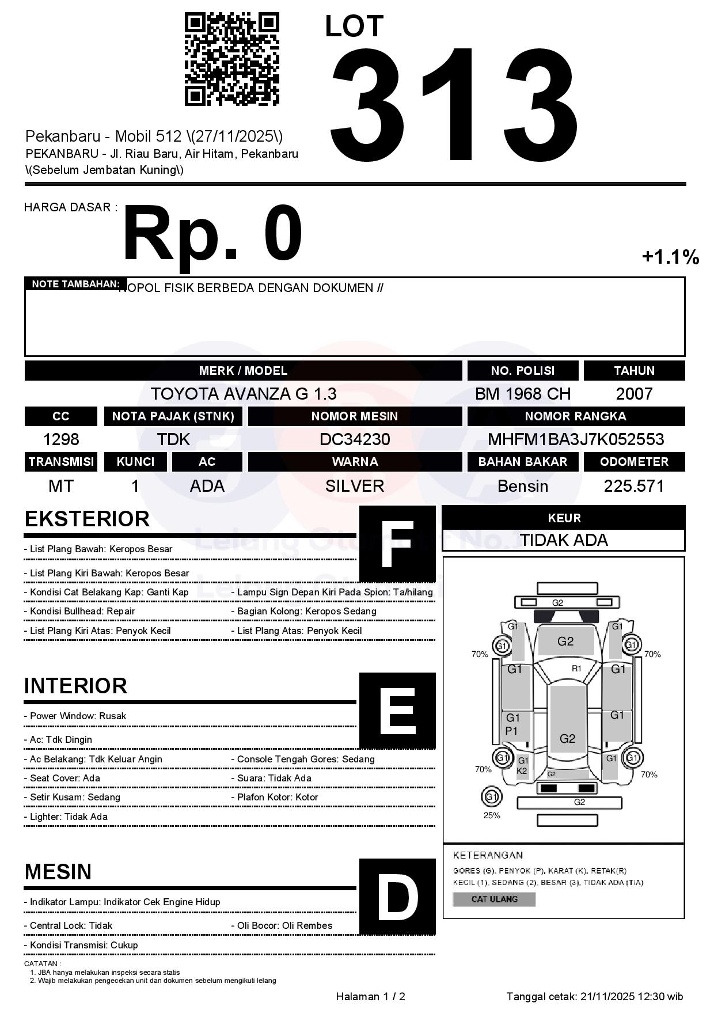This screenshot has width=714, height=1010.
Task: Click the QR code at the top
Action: [231, 59]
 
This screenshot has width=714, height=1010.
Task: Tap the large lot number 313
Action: [454, 104]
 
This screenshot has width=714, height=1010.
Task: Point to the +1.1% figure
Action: [670, 257]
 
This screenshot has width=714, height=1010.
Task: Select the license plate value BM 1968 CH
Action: [522, 394]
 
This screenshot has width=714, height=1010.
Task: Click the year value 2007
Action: [634, 394]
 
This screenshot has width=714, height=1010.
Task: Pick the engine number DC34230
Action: [355, 439]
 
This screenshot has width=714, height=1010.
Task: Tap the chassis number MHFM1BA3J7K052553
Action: [576, 439]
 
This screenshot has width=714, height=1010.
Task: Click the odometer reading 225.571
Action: [634, 486]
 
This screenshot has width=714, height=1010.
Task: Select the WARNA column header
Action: [355, 462]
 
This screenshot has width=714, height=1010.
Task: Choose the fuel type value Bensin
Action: [522, 486]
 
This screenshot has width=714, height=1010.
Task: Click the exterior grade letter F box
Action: [397, 544]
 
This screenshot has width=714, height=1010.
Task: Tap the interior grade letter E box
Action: [397, 710]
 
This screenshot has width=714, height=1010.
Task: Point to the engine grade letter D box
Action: [397, 896]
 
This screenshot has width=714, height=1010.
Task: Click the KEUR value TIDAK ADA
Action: [564, 540]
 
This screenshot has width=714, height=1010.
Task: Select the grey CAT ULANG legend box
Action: [494, 899]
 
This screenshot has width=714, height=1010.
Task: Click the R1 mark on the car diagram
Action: [576, 669]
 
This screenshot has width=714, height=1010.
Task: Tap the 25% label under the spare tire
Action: [492, 815]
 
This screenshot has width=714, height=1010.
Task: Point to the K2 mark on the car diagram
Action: [522, 771]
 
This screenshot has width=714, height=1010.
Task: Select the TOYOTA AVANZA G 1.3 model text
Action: [244, 394]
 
